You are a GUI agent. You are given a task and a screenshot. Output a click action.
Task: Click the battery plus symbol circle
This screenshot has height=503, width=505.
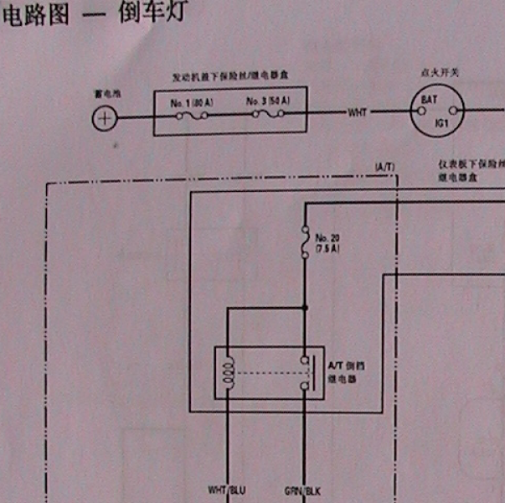(x=103, y=118)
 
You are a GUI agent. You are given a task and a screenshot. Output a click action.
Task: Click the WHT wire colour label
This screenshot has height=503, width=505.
(x=358, y=112)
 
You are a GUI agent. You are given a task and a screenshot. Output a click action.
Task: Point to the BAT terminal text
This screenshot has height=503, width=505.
(x=430, y=101)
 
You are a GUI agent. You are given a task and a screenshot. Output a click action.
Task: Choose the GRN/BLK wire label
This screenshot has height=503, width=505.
(x=303, y=490)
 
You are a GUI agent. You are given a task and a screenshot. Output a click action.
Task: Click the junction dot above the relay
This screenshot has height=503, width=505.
(x=306, y=308)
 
